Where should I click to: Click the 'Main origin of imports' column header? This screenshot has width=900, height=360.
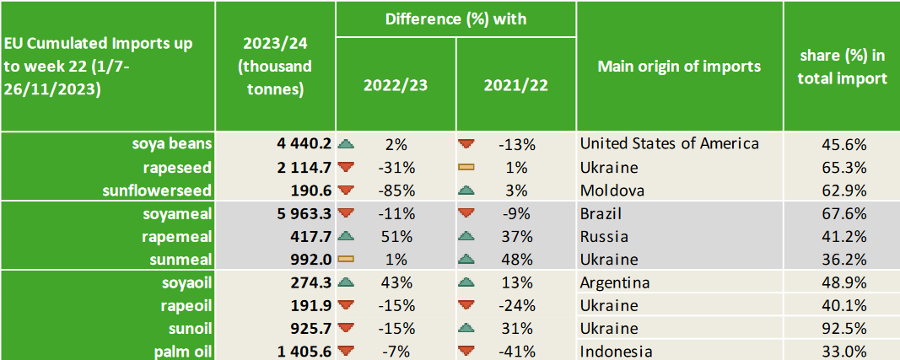[679, 67]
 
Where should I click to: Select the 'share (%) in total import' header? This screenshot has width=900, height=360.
[843, 67]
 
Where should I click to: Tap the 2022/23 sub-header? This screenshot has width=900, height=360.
[395, 85]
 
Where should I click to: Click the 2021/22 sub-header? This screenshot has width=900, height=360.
[515, 85]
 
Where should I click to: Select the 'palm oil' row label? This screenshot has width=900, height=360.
[183, 351]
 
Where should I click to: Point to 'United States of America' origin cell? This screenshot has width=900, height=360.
[669, 144]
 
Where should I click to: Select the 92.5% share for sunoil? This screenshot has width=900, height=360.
[843, 328]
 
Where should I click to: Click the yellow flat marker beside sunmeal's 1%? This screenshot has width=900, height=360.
[345, 260]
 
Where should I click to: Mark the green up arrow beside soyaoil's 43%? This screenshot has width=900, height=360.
[345, 282]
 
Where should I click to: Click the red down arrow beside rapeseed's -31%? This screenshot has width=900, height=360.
[345, 167]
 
